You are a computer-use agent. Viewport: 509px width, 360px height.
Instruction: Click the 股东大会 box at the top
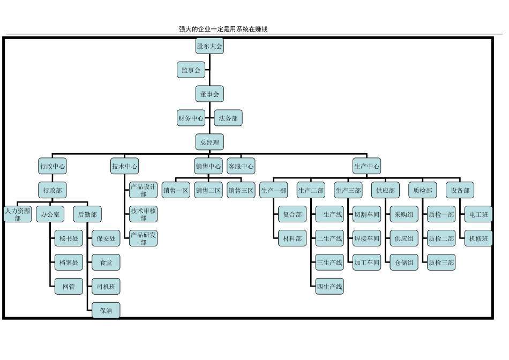(x=209, y=46)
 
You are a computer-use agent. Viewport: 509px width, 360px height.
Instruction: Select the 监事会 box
(x=191, y=70)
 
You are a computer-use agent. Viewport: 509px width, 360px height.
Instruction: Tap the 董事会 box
(x=209, y=94)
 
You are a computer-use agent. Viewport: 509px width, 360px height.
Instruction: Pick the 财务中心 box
(x=191, y=118)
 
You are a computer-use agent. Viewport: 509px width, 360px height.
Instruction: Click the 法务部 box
(x=228, y=118)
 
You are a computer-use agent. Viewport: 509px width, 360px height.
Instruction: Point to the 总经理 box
(x=209, y=142)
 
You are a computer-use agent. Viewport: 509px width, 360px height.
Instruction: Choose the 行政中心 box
(x=53, y=167)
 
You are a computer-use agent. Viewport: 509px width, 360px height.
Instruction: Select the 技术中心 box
(x=124, y=167)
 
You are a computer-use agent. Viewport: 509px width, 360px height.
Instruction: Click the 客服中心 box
(x=241, y=167)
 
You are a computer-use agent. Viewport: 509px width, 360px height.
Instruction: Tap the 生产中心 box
(x=367, y=167)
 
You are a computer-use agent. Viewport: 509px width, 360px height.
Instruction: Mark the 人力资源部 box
(x=18, y=215)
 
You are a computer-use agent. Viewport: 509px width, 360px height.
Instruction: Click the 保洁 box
(x=106, y=311)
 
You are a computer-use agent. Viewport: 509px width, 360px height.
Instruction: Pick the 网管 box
(x=69, y=287)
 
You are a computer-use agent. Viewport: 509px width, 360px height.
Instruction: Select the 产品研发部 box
(x=143, y=238)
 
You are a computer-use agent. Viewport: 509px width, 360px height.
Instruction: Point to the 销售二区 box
(x=208, y=190)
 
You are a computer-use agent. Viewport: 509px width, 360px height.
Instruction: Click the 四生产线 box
(x=329, y=287)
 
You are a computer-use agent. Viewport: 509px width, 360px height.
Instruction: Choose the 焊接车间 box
(x=366, y=238)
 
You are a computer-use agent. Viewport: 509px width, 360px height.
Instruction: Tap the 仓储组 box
(x=403, y=262)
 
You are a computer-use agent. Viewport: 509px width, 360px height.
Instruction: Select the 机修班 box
(x=478, y=238)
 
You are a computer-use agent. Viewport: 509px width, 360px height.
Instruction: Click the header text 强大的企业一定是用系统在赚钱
(x=223, y=29)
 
